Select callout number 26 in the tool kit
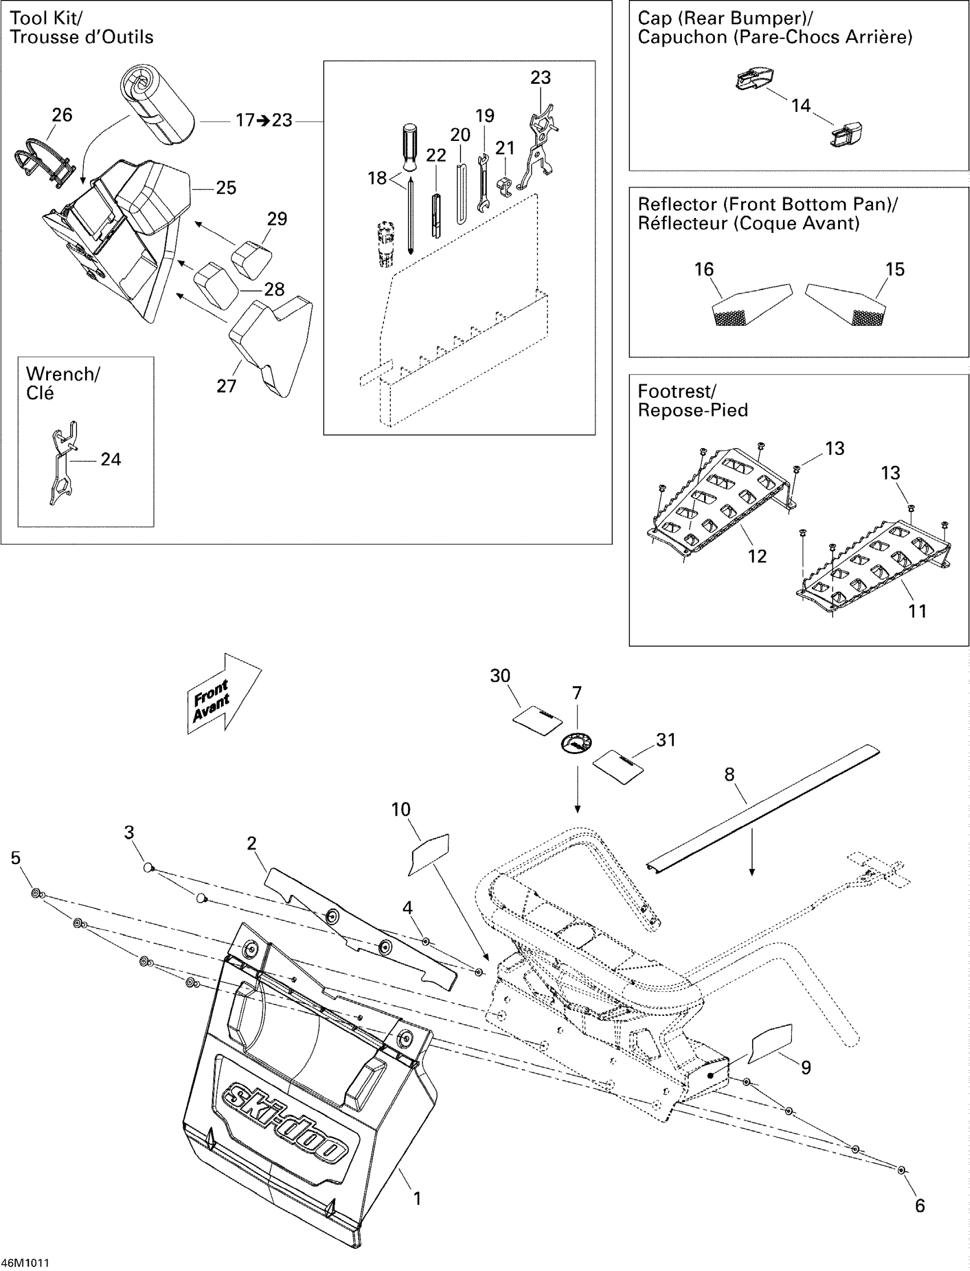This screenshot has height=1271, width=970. pos(62,115)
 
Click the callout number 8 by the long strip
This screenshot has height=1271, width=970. pos(729,774)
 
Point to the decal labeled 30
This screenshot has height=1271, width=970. pos(537,719)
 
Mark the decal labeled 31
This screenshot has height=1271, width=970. pos(619,767)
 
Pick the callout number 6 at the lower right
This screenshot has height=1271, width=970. pos(920,1205)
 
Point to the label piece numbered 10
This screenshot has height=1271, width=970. pos(430,853)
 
